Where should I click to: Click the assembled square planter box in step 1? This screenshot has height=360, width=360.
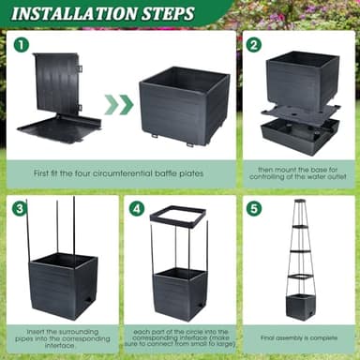183,108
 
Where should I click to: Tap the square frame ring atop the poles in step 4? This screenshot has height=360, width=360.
177,221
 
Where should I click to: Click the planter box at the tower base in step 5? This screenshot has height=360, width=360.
300,305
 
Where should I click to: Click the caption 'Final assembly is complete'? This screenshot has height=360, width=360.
299,337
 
